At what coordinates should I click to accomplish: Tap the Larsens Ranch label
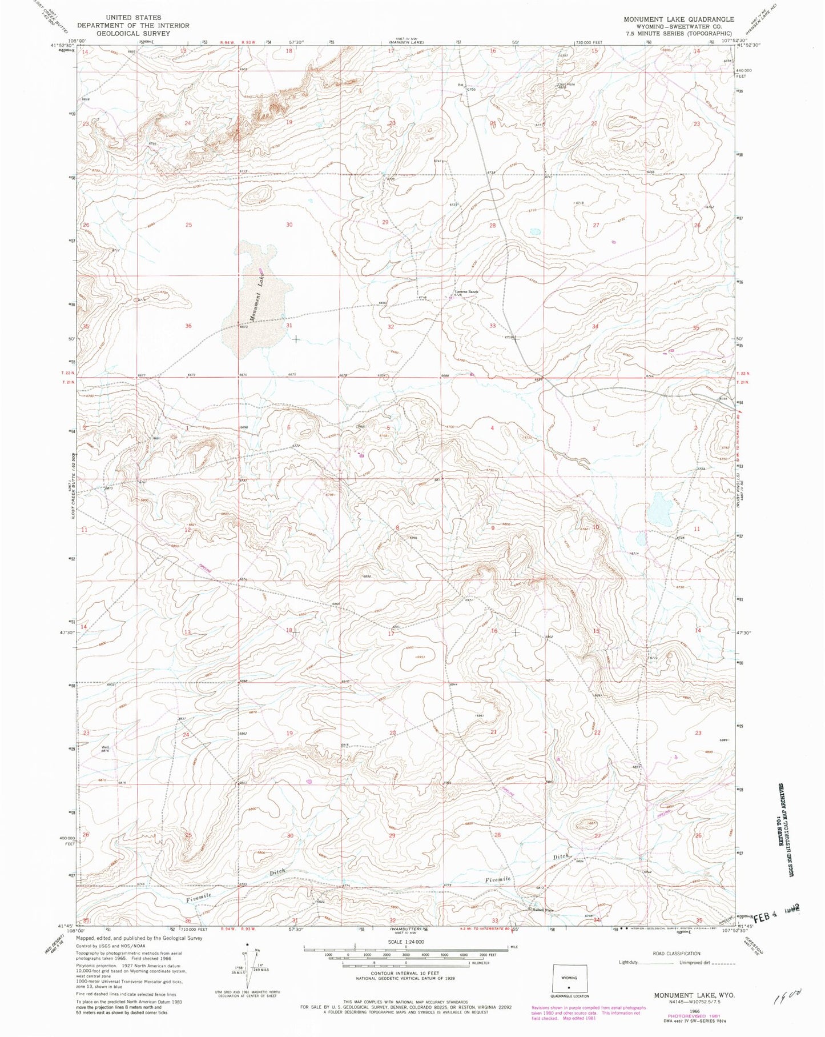(465, 292)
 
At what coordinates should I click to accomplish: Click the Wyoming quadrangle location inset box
(569, 979)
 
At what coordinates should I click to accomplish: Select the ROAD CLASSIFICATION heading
(676, 954)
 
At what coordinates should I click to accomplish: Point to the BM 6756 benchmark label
(465, 87)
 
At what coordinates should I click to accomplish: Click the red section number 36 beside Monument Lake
(189, 326)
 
